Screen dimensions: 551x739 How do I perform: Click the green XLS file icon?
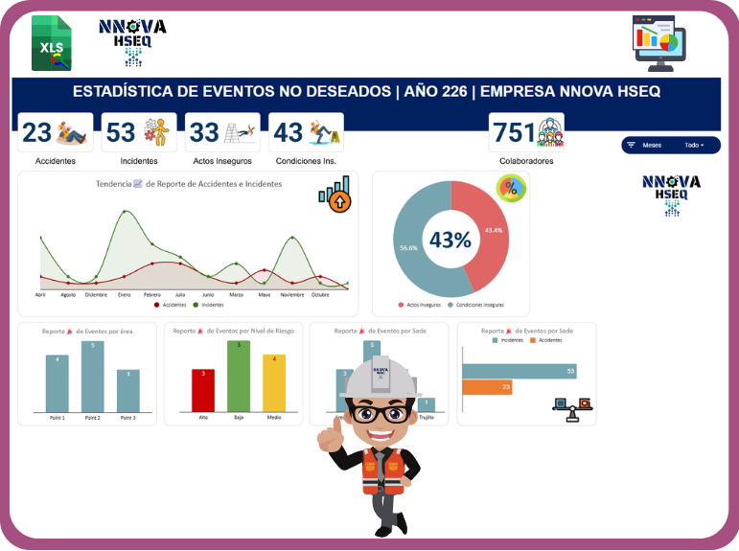tap(51, 43)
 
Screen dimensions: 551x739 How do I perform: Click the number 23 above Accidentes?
tap(37, 132)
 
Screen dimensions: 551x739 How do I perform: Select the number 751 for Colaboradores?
tap(514, 132)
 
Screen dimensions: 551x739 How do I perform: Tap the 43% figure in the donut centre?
tap(450, 240)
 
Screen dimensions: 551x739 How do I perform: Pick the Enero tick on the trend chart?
tap(125, 295)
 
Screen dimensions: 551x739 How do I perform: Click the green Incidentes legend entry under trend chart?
tap(209, 305)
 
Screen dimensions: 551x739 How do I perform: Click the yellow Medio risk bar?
tap(274, 383)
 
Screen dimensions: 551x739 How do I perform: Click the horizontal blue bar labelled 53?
tap(519, 371)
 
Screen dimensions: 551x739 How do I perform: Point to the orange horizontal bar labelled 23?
tap(487, 387)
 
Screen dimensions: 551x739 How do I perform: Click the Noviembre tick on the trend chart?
tap(292, 295)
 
